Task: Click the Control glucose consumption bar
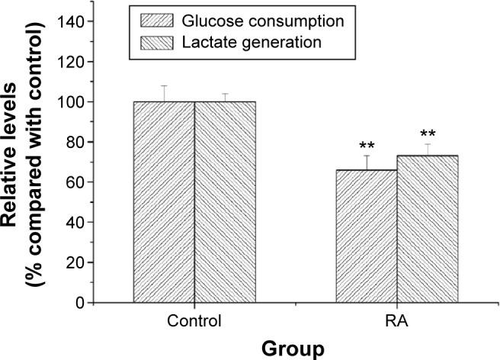(x=164, y=202)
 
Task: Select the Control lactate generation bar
(x=225, y=202)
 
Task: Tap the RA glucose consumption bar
(x=367, y=236)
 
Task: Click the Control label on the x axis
(x=195, y=320)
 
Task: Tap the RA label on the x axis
(x=398, y=320)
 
